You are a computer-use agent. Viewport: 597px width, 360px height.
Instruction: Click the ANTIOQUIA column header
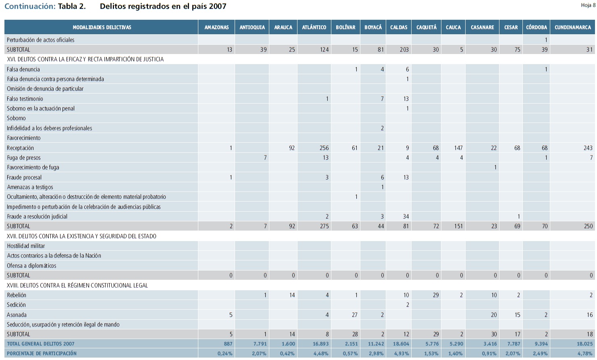coord(252,27)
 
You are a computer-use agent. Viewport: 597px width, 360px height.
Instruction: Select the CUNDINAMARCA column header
coord(572,27)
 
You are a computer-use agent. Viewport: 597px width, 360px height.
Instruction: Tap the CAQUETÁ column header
coord(426,27)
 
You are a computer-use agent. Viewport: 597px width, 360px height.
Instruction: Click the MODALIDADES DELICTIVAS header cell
coord(102,27)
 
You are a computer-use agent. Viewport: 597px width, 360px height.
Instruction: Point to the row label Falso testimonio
coord(25,99)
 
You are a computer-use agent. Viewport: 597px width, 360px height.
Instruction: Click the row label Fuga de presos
coord(24,158)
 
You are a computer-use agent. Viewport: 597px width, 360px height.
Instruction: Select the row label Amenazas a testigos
coord(30,187)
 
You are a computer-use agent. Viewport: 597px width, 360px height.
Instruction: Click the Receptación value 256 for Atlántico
coord(324,148)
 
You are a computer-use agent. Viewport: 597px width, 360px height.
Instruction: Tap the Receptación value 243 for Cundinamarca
coord(588,148)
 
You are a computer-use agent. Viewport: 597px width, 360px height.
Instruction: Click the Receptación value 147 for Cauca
coord(458,148)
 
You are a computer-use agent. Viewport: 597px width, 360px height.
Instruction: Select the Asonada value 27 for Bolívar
coord(354,315)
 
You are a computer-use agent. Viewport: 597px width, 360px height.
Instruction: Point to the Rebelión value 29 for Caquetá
coord(435,295)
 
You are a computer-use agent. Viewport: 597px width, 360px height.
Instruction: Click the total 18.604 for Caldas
coord(401,344)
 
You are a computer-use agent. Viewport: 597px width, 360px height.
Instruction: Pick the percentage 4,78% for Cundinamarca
coord(585,354)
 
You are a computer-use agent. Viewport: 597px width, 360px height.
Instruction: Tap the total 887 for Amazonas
coord(228,344)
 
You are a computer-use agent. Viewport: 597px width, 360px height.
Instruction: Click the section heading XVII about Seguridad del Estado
coord(81,236)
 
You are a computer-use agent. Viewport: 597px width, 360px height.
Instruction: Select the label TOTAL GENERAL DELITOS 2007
coord(41,344)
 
